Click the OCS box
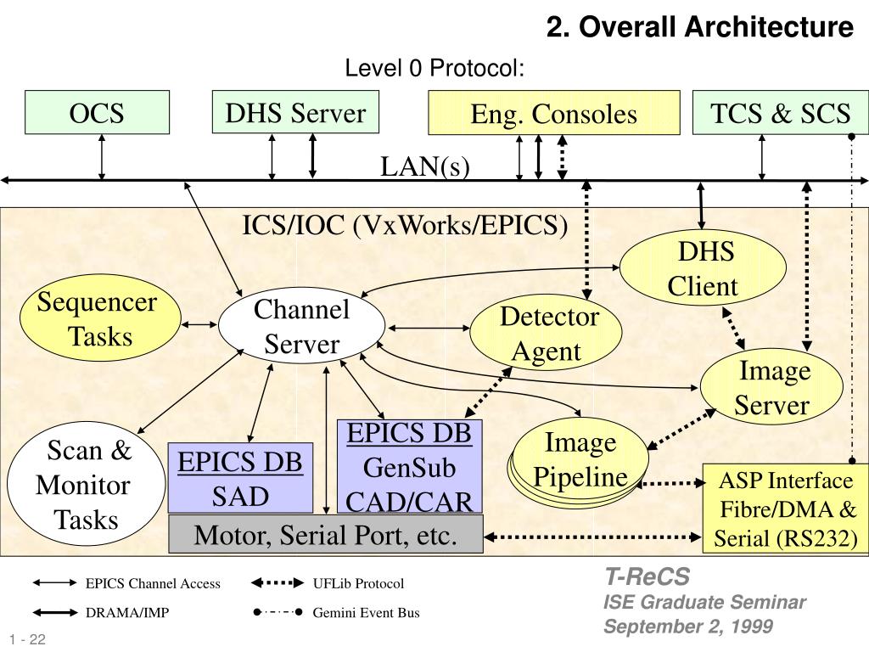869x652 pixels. pyautogui.click(x=97, y=113)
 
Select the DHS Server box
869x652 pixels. pyautogui.click(x=295, y=112)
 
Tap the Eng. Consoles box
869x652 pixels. pyautogui.click(x=553, y=113)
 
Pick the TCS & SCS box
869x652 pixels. pyautogui.click(x=781, y=113)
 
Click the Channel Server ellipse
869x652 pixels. pyautogui.click(x=301, y=326)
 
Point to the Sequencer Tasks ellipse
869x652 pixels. pyautogui.click(x=100, y=318)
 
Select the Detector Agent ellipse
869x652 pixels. pyautogui.click(x=546, y=333)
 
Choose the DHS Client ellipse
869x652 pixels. pyautogui.click(x=703, y=268)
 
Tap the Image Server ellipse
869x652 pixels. pyautogui.click(x=771, y=387)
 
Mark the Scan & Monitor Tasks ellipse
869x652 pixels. pyautogui.click(x=86, y=484)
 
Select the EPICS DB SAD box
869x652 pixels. pyautogui.click(x=240, y=478)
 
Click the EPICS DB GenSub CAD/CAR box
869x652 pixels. pyautogui.click(x=410, y=467)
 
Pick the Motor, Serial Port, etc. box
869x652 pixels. pyautogui.click(x=326, y=534)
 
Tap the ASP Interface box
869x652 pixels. pyautogui.click(x=786, y=509)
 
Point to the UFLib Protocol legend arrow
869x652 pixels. pyautogui.click(x=278, y=582)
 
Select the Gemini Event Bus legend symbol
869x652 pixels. pyautogui.click(x=278, y=612)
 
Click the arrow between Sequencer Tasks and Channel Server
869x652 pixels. pyautogui.click(x=199, y=324)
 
